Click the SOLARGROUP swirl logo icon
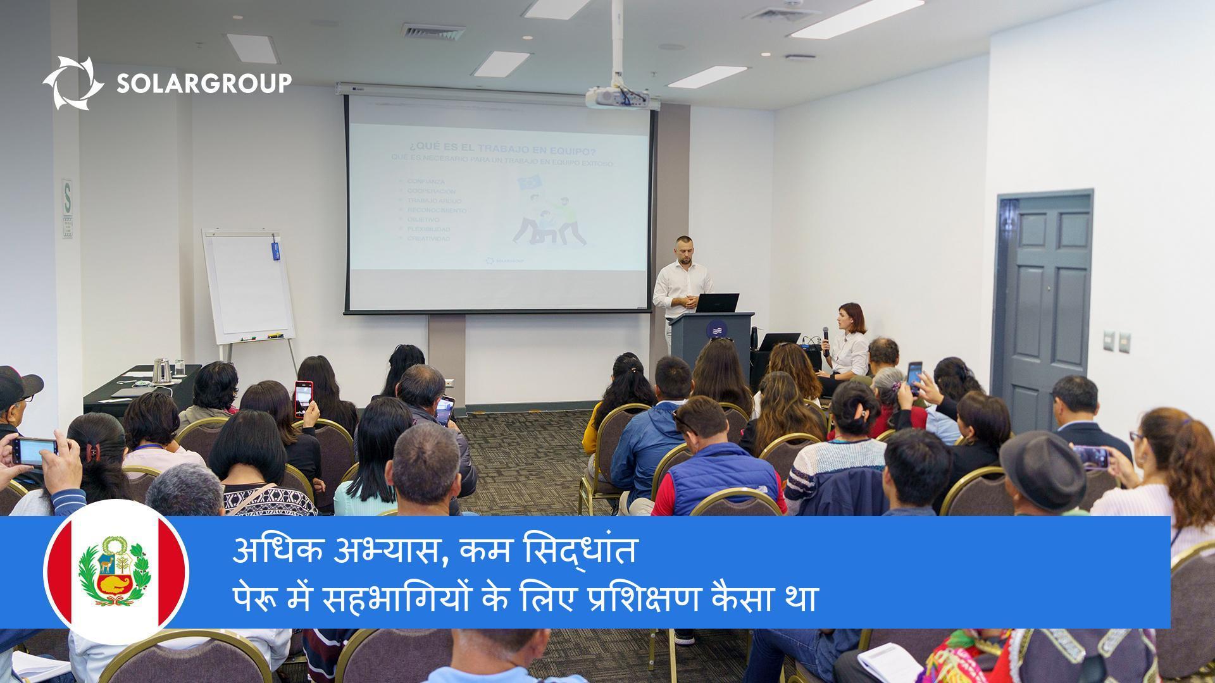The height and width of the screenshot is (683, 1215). [73, 83]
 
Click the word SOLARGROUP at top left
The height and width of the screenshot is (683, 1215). [203, 83]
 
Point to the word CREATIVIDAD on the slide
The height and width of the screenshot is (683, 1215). [428, 238]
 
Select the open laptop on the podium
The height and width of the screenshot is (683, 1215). [718, 303]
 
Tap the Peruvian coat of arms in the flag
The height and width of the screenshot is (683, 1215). [115, 571]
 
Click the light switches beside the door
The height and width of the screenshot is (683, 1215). [1117, 341]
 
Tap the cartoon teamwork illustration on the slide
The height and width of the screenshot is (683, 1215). [549, 212]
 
